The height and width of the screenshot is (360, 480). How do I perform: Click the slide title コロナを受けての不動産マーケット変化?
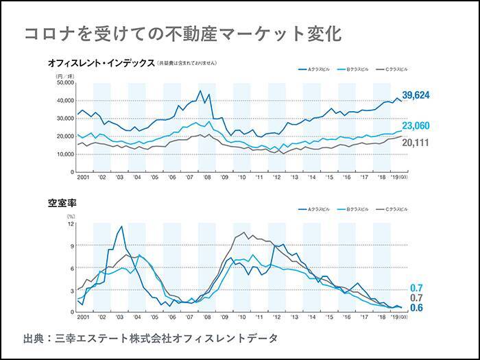(x=182, y=34)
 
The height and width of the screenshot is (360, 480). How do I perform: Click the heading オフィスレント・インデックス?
(x=101, y=62)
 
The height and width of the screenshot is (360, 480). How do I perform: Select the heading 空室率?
(x=60, y=204)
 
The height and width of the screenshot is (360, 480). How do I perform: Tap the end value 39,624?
(x=416, y=95)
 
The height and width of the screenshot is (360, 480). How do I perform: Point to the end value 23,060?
(x=416, y=126)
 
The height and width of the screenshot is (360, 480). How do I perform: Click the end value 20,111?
(x=416, y=143)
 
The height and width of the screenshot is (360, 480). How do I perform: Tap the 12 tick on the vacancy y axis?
(x=71, y=224)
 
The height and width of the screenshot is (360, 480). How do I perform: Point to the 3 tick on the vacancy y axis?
(x=72, y=290)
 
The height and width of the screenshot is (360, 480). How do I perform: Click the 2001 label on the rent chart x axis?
(x=83, y=177)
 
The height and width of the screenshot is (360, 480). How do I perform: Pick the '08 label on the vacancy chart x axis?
(x=206, y=318)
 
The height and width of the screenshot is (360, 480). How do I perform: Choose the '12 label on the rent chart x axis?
(x=276, y=177)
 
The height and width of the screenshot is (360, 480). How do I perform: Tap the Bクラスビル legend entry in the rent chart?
(x=357, y=69)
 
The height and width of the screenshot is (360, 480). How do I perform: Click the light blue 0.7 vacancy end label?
(x=416, y=287)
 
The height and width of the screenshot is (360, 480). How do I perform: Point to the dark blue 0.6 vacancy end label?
(x=416, y=309)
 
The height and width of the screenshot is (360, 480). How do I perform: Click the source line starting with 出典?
(x=151, y=338)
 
